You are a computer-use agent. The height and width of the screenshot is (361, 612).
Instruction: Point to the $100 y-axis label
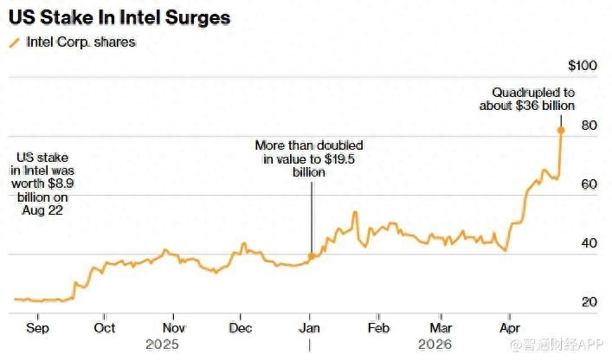pyautogui.click(x=583, y=67)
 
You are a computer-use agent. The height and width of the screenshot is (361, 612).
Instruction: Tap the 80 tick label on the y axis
pyautogui.click(x=589, y=126)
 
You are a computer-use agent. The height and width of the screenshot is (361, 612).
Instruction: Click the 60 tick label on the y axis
pyautogui.click(x=589, y=184)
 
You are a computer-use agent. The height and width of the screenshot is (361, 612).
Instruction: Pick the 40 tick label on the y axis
pyautogui.click(x=589, y=243)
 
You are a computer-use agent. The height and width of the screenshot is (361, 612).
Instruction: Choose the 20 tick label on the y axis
pyautogui.click(x=589, y=302)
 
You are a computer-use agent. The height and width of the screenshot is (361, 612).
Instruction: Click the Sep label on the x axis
pyautogui.click(x=37, y=329)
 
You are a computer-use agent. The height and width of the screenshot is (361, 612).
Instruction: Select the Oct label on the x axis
pyautogui.click(x=104, y=329)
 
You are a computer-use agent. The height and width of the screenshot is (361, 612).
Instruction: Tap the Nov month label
pyautogui.click(x=175, y=329)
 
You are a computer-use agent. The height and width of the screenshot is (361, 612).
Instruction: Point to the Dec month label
pyautogui.click(x=242, y=329)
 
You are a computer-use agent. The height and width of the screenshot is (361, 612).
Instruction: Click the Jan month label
pyautogui.click(x=310, y=329)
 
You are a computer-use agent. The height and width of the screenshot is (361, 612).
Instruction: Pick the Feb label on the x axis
pyautogui.click(x=378, y=329)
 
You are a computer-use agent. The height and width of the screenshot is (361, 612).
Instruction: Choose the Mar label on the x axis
pyautogui.click(x=441, y=329)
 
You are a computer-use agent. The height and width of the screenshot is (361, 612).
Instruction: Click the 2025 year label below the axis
pyautogui.click(x=163, y=344)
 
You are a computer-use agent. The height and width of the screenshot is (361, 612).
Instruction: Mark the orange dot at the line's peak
pyautogui.click(x=561, y=131)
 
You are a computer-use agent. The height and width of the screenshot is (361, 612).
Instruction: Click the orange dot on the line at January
pyautogui.click(x=311, y=256)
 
